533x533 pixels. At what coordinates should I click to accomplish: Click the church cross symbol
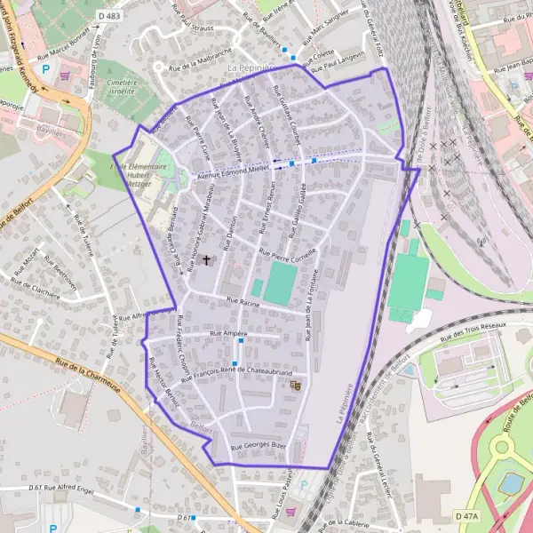[x=208, y=260]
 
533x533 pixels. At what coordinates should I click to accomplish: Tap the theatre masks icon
[x=296, y=386]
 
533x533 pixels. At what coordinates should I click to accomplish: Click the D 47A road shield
[x=465, y=516]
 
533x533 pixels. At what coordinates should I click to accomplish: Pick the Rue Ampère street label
[x=227, y=332]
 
